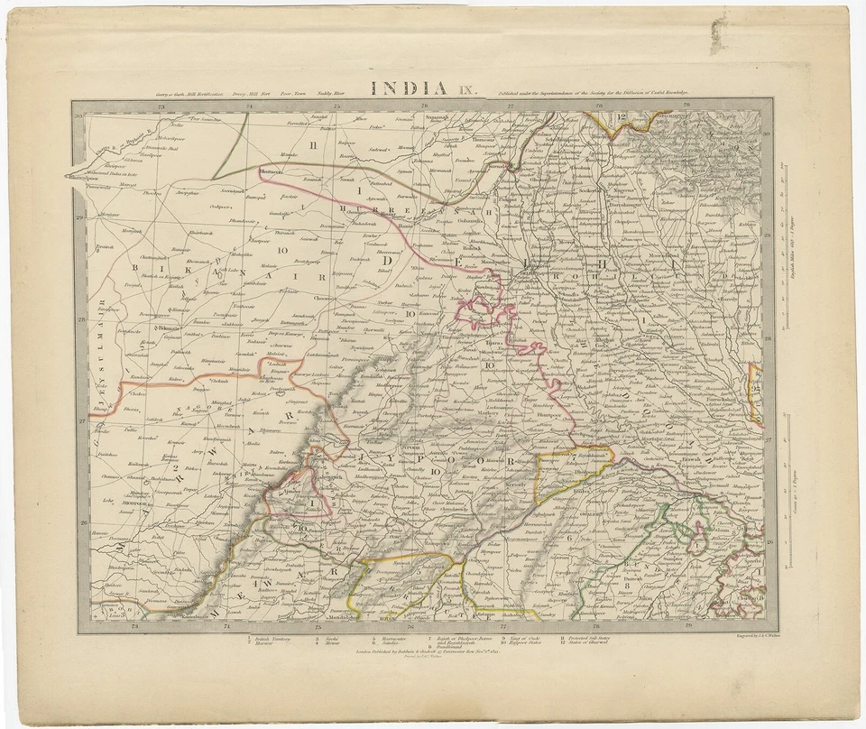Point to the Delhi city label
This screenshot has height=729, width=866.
(x=528, y=267)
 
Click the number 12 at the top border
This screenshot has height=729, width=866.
(x=622, y=117)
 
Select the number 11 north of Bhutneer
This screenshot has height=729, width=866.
(x=314, y=144)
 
